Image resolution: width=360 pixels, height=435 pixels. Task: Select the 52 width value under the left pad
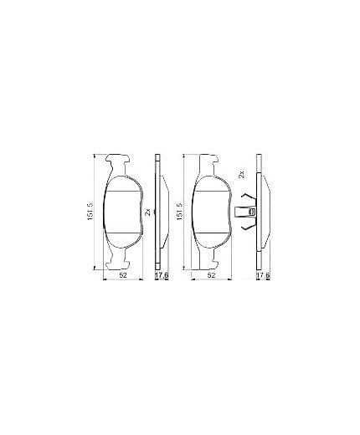click(122, 275)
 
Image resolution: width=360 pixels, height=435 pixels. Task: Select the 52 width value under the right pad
click(212, 275)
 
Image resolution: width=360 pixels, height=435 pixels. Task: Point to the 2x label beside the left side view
click(149, 212)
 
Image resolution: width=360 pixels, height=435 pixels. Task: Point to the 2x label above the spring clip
click(242, 174)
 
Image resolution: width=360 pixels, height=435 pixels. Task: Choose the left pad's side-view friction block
click(164, 212)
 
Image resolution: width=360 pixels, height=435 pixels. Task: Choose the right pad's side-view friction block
click(263, 212)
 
